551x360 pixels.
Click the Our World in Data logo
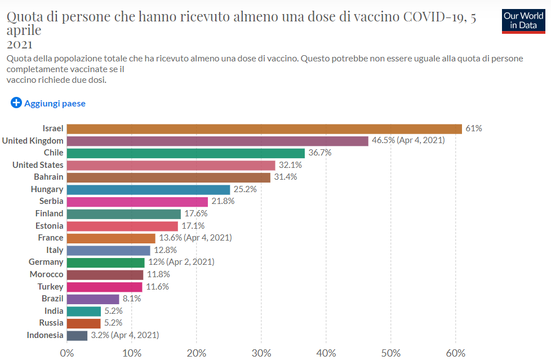pyautogui.click(x=523, y=20)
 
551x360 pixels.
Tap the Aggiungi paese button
pyautogui.click(x=48, y=103)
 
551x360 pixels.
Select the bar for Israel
pyautogui.click(x=264, y=128)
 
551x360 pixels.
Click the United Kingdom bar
pyautogui.click(x=217, y=140)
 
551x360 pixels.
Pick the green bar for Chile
pyautogui.click(x=185, y=153)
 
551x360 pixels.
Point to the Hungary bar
pyautogui.click(x=148, y=189)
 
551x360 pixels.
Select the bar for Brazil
pyautogui.click(x=93, y=299)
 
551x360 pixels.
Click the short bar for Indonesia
pyautogui.click(x=77, y=335)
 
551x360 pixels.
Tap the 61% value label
pyautogui.click(x=474, y=128)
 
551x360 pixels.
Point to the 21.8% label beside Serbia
pyautogui.click(x=223, y=201)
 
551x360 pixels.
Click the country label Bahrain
pyautogui.click(x=48, y=177)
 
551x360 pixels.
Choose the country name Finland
pyautogui.click(x=49, y=214)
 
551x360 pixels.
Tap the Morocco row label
pyautogui.click(x=46, y=274)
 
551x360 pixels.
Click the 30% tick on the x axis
pyautogui.click(x=261, y=353)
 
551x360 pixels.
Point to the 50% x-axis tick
pyautogui.click(x=391, y=353)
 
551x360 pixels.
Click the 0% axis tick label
pyautogui.click(x=67, y=353)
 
